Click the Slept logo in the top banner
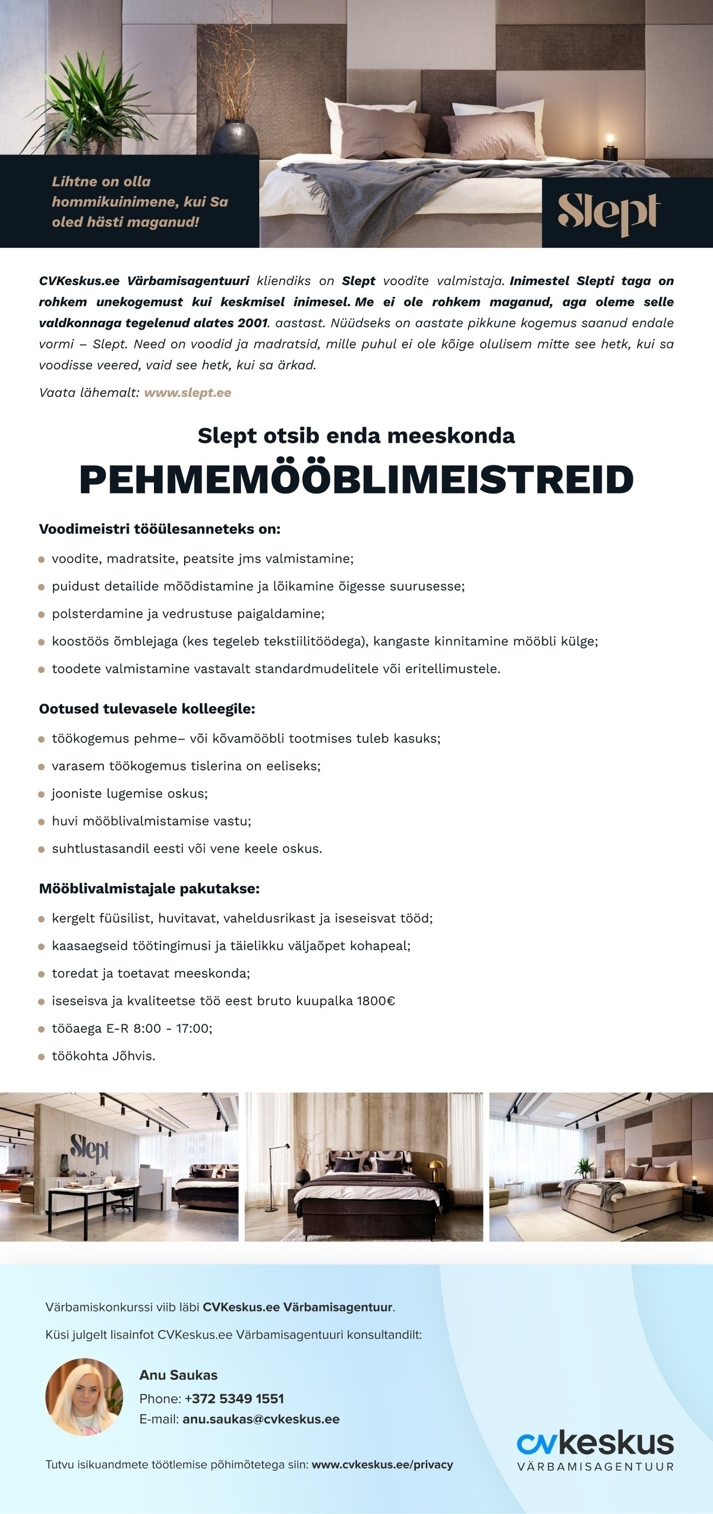(x=608, y=213)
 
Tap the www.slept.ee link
(x=187, y=393)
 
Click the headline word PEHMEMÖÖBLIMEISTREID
(x=356, y=479)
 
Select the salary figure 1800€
(x=376, y=1001)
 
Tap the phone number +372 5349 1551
(x=234, y=1398)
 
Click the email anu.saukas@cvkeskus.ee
(x=261, y=1419)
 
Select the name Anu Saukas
(x=178, y=1375)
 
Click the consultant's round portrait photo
(x=84, y=1396)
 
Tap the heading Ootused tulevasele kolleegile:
(x=147, y=709)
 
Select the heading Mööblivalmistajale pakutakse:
(x=149, y=889)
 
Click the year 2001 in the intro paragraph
(x=252, y=323)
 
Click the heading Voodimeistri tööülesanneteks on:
(x=159, y=529)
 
